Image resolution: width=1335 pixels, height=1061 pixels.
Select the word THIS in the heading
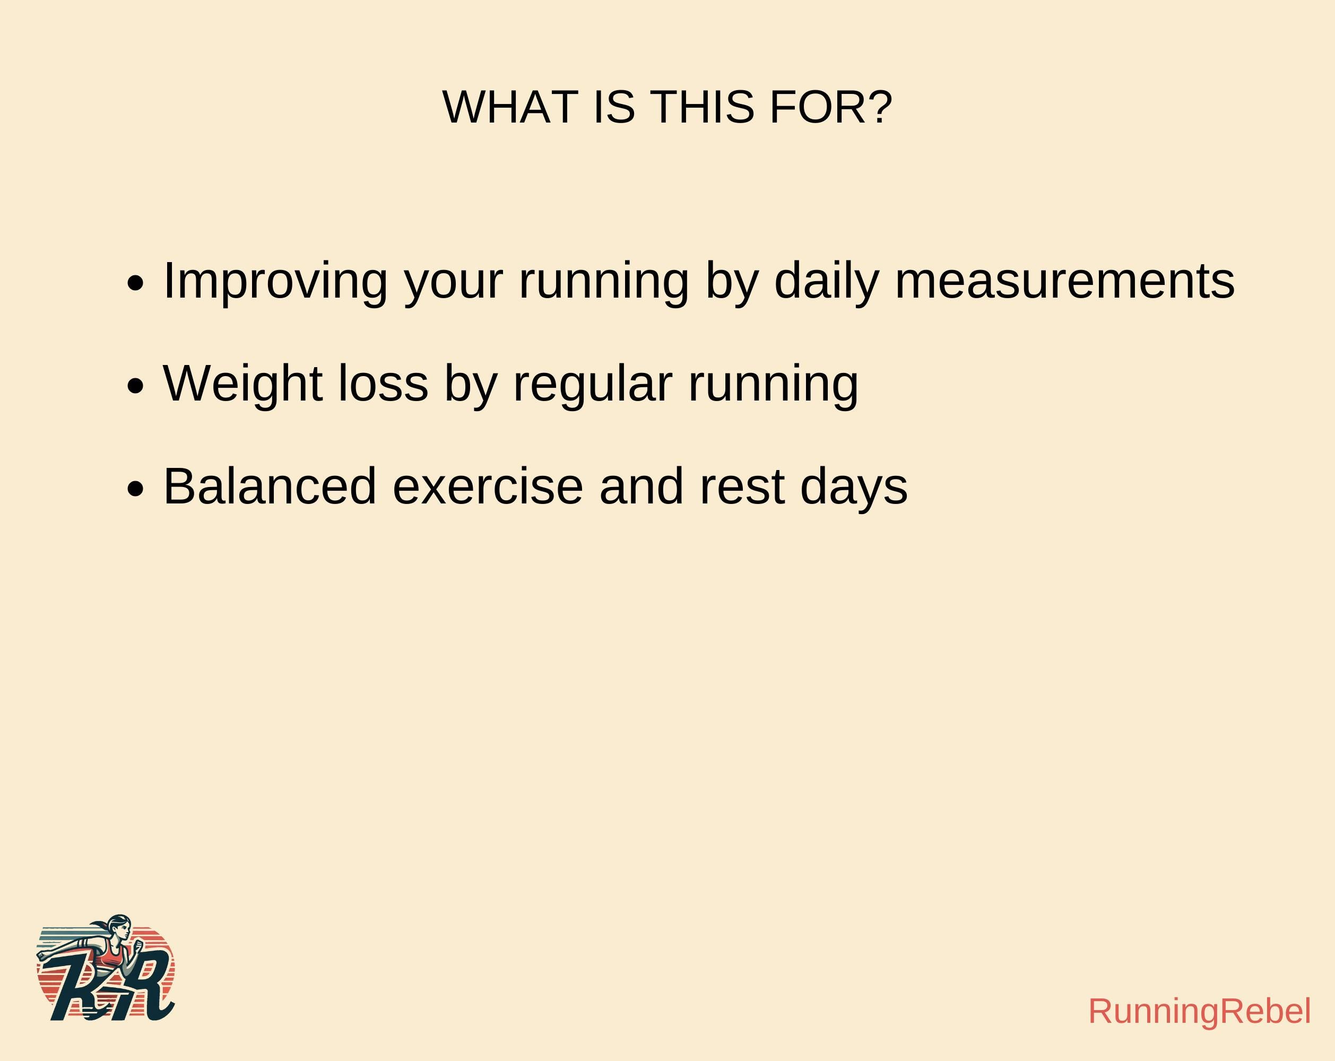702,107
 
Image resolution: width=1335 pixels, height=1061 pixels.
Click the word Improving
275,282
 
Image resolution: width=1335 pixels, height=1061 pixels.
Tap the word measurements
1065,282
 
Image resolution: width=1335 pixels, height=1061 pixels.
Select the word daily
827,282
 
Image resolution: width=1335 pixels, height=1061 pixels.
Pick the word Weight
242,384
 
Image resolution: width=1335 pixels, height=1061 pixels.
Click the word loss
383,384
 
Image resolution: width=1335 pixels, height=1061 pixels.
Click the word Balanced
270,486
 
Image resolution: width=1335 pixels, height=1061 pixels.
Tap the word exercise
488,486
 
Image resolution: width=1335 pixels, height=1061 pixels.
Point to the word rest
742,486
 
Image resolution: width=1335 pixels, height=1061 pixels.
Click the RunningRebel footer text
1199,1012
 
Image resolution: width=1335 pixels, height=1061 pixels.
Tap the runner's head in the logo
119,927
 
